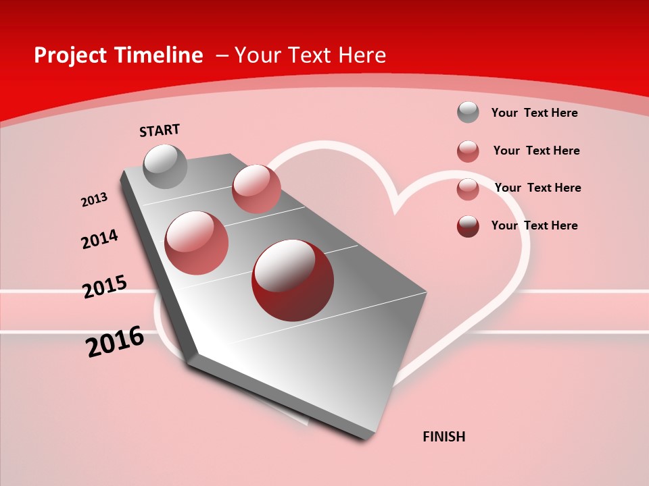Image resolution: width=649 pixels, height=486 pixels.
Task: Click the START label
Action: [x=160, y=130]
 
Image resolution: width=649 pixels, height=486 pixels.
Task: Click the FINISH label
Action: [x=444, y=437]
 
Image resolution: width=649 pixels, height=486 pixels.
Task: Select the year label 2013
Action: [x=94, y=200]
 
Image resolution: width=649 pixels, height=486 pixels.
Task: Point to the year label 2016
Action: [x=115, y=342]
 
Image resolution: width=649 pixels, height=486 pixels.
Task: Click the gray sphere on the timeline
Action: [x=166, y=166]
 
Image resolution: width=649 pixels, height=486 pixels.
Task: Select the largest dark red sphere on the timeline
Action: [x=293, y=280]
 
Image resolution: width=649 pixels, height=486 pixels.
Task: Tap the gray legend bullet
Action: [x=468, y=112]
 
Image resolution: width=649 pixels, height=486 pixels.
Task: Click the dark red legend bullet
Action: [x=468, y=226]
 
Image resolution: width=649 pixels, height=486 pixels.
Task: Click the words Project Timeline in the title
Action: [x=118, y=55]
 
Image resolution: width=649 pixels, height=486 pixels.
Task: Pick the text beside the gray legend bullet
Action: [x=534, y=113]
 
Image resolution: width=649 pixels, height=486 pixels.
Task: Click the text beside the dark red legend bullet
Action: [x=534, y=225]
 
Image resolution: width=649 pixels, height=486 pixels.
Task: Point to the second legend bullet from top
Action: [x=468, y=151]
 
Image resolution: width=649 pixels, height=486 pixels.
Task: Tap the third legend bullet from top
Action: [x=468, y=189]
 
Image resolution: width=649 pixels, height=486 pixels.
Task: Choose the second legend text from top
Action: [x=536, y=151]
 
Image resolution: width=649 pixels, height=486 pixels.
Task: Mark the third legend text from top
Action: [x=537, y=188]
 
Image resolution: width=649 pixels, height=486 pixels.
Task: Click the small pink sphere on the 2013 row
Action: [x=256, y=188]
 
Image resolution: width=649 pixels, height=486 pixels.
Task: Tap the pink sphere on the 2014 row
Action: [x=197, y=243]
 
